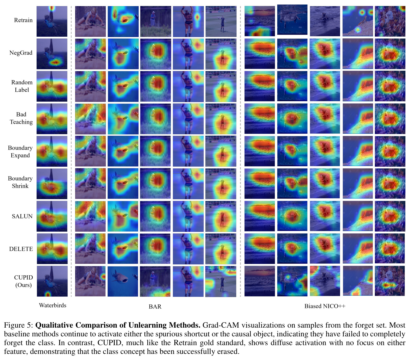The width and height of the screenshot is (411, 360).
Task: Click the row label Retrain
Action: pos(23,20)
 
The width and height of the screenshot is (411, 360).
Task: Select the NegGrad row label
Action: pos(21,53)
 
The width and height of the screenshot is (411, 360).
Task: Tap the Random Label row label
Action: pos(22,86)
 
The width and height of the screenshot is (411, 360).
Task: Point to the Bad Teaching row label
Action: pos(21,118)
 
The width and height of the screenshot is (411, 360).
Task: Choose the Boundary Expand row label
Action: pos(20,152)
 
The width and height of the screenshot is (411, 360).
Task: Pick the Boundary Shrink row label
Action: pos(20,182)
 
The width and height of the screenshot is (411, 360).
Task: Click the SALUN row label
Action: pos(22,216)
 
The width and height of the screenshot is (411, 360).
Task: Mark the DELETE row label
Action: pos(21,249)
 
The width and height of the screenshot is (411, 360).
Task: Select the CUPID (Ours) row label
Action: pos(24,281)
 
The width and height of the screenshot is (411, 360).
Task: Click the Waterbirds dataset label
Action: pos(53,305)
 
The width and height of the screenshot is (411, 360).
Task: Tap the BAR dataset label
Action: pos(155,307)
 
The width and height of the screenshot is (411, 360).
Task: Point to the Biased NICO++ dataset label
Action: pos(325,306)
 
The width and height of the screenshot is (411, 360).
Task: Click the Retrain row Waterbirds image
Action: pos(52,21)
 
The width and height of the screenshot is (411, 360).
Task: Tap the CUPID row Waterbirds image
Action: pos(52,281)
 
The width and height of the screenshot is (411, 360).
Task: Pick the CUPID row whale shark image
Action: pos(123,281)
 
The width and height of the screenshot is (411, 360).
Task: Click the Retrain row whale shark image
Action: pos(123,22)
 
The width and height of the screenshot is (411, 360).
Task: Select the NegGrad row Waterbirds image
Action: pos(52,54)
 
